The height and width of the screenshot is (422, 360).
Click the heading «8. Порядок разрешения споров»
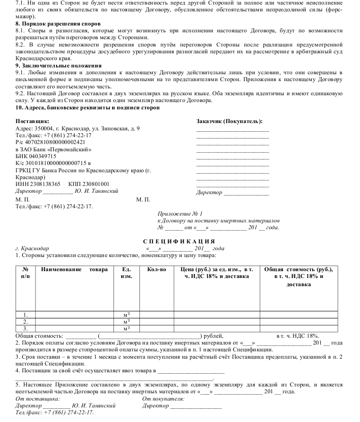[x=58, y=23]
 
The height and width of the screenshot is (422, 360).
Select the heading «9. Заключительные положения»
[x=58, y=66]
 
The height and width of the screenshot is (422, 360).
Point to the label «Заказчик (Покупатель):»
[x=229, y=121]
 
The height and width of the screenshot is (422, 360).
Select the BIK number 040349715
[x=41, y=156]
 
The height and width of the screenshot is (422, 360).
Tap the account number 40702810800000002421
[x=54, y=142]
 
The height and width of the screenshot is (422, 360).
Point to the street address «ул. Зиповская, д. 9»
[x=116, y=129]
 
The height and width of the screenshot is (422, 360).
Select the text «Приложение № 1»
[x=180, y=213]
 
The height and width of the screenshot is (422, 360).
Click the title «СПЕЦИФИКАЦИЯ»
[x=179, y=242]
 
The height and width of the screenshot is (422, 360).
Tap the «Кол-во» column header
[x=157, y=269]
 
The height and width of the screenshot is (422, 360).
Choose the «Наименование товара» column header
[x=74, y=269]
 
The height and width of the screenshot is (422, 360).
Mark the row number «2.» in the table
[x=25, y=321]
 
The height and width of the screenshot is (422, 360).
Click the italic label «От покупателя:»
[x=163, y=399]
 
